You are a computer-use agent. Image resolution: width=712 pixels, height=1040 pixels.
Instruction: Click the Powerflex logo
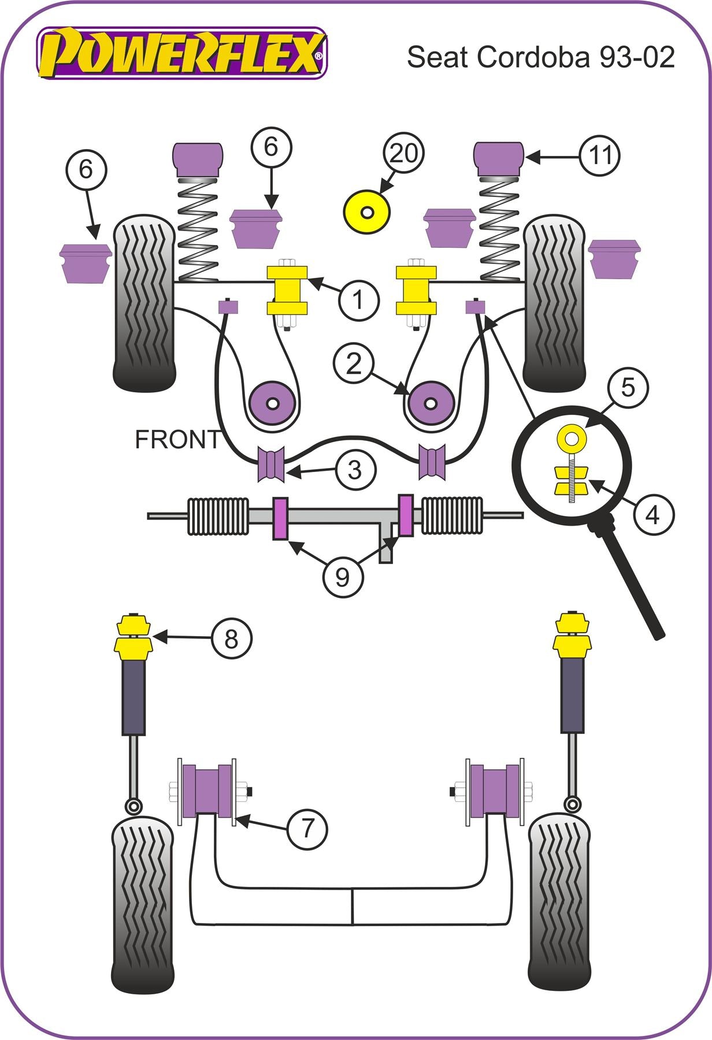point(181,53)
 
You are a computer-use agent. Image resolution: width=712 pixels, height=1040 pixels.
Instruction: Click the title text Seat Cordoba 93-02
point(540,57)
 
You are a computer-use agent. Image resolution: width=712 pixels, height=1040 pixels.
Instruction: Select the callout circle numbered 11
point(600,155)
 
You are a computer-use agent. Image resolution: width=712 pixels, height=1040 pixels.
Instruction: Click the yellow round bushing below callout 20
point(367,212)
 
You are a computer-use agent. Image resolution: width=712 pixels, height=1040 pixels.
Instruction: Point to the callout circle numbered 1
point(358,300)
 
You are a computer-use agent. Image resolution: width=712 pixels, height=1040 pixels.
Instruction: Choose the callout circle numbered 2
point(353,363)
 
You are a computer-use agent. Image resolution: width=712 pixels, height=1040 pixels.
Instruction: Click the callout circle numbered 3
point(355,469)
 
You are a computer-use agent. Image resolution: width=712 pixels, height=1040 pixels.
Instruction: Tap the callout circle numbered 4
point(652,514)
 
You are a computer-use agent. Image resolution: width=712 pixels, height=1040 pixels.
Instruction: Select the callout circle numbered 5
point(628,388)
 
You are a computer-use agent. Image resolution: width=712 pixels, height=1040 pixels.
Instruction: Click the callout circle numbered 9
point(343,576)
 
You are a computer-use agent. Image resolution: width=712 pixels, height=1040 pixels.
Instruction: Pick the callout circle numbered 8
point(231,638)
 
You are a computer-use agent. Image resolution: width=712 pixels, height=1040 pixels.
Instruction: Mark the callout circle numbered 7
point(307,829)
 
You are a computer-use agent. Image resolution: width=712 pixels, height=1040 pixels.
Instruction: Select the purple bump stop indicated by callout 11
point(499,159)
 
